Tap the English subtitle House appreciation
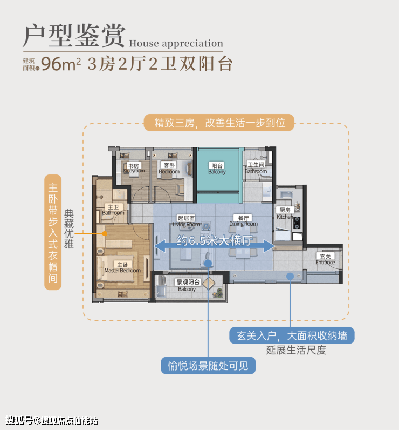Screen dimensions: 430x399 [176, 44]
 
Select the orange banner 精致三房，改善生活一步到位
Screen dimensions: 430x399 [219, 123]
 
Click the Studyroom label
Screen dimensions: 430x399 [134, 169]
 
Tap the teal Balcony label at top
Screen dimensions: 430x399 [217, 169]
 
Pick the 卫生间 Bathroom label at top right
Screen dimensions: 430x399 [256, 168]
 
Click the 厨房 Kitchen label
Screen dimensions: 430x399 [285, 213]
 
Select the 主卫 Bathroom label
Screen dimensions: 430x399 [113, 210]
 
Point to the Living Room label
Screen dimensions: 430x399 [187, 221]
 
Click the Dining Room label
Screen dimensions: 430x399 [243, 221]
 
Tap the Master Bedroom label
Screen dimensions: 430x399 [122, 267]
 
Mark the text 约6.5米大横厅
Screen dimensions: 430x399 [215, 241]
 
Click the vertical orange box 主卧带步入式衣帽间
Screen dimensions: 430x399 [52, 232]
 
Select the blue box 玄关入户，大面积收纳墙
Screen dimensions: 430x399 [292, 335]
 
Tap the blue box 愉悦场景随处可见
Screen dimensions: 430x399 [208, 366]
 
